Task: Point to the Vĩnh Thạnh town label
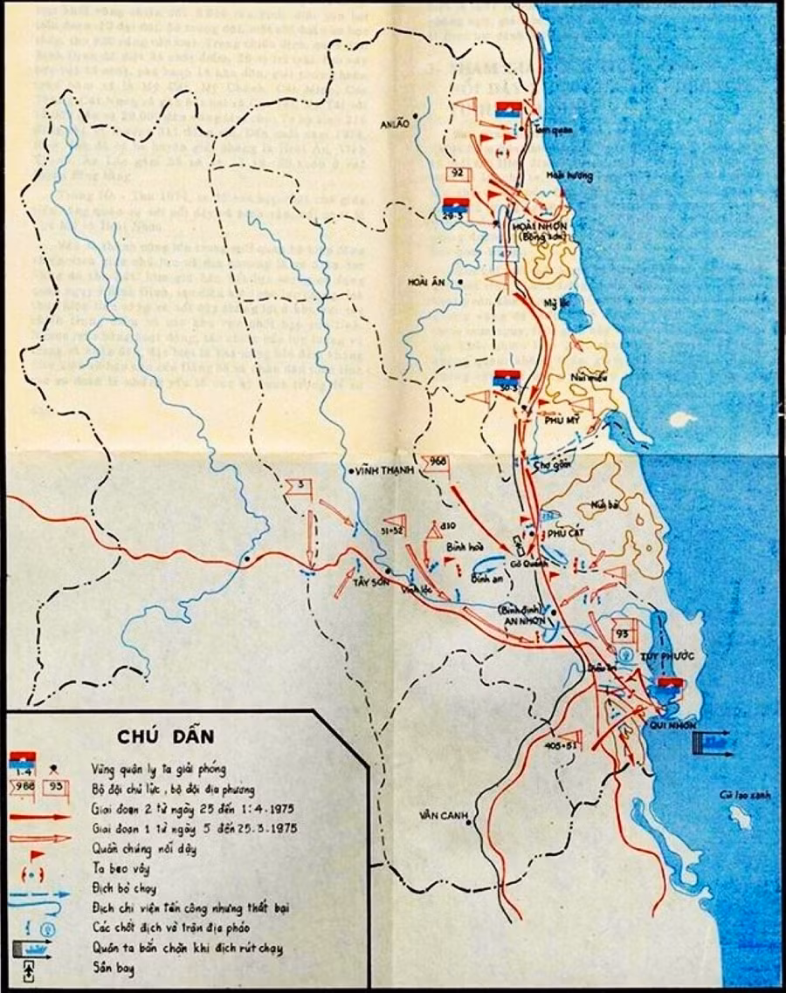coord(381,471)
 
